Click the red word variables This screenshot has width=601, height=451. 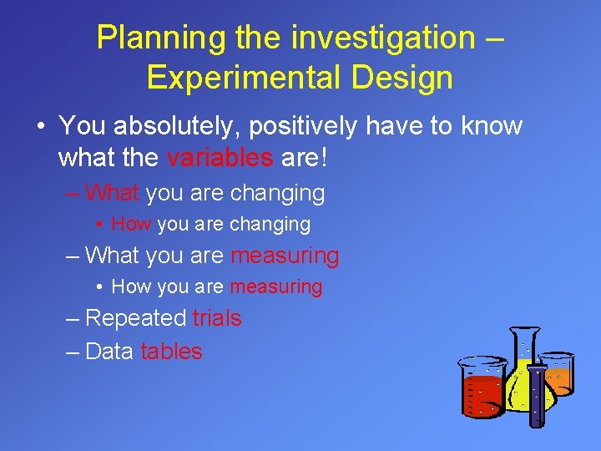220,157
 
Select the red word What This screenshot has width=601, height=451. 112,193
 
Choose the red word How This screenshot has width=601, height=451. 131,224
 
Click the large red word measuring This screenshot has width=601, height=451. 285,256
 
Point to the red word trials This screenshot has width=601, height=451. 216,318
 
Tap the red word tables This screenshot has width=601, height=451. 171,352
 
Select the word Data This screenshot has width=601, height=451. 109,352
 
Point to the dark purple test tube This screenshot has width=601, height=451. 536,393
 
